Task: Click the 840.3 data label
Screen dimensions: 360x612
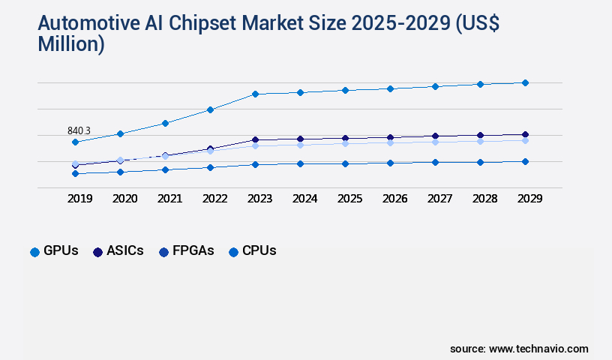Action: (x=79, y=130)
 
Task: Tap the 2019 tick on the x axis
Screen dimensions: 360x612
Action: (x=79, y=199)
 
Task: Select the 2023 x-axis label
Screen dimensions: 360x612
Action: (x=259, y=199)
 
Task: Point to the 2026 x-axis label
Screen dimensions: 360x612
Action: (x=394, y=199)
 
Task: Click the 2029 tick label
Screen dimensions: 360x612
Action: (x=529, y=199)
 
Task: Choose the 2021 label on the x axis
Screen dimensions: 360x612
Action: (x=169, y=199)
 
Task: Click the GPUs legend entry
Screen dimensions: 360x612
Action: (x=54, y=251)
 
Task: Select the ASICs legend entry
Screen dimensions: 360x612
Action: (x=118, y=251)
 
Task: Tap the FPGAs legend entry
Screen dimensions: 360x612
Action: (x=187, y=251)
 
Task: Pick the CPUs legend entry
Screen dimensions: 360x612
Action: (x=252, y=251)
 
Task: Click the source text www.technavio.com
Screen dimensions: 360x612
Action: (x=538, y=349)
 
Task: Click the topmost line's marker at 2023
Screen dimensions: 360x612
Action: (x=255, y=94)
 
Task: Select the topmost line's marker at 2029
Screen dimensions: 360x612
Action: (x=525, y=82)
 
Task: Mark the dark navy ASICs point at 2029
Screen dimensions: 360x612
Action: (x=525, y=134)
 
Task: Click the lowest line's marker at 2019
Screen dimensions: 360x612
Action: (x=75, y=173)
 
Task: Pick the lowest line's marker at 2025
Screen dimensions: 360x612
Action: (x=345, y=163)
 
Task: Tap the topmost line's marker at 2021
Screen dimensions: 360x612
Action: (x=165, y=123)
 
